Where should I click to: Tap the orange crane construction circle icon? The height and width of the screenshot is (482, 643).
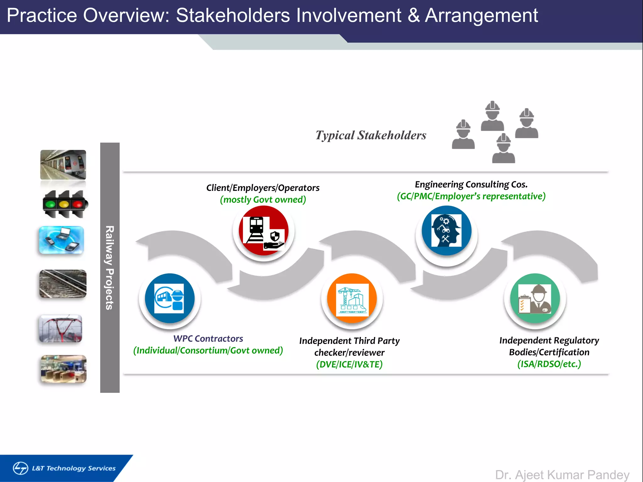coord(352,298)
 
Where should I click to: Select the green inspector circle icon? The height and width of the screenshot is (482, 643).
coord(535,298)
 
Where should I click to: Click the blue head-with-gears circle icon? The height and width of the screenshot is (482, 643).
coord(446,231)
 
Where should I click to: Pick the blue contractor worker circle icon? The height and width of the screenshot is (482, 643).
coord(170,298)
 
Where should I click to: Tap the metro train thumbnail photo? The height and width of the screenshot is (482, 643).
coord(63,165)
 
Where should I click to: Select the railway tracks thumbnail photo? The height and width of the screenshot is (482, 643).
coord(63,284)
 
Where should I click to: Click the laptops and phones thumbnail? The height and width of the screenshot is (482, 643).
coord(62,240)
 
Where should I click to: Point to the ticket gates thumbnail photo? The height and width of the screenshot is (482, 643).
coord(63,369)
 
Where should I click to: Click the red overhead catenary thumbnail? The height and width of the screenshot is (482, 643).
coord(61,329)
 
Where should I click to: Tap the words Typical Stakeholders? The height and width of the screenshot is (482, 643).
coord(371,135)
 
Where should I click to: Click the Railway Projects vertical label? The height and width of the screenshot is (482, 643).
coord(110,268)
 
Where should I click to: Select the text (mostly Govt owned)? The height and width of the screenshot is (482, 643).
coord(263,200)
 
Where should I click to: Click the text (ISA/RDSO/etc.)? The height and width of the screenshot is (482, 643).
coord(549,364)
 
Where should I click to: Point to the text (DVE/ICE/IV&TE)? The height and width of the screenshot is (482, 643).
coord(349,364)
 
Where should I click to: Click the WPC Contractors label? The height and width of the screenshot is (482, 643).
coord(208,339)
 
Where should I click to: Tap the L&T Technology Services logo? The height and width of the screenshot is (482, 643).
coord(64,468)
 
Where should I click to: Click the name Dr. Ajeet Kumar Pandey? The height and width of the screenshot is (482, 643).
coord(562,475)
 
